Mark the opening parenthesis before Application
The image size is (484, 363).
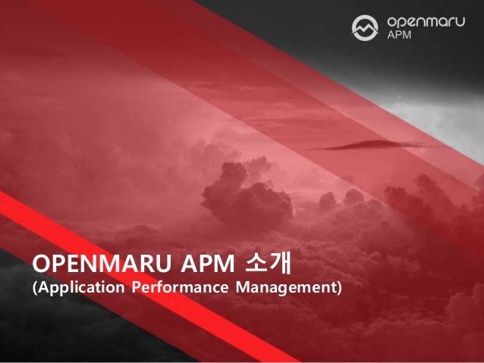click(x=33, y=289)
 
